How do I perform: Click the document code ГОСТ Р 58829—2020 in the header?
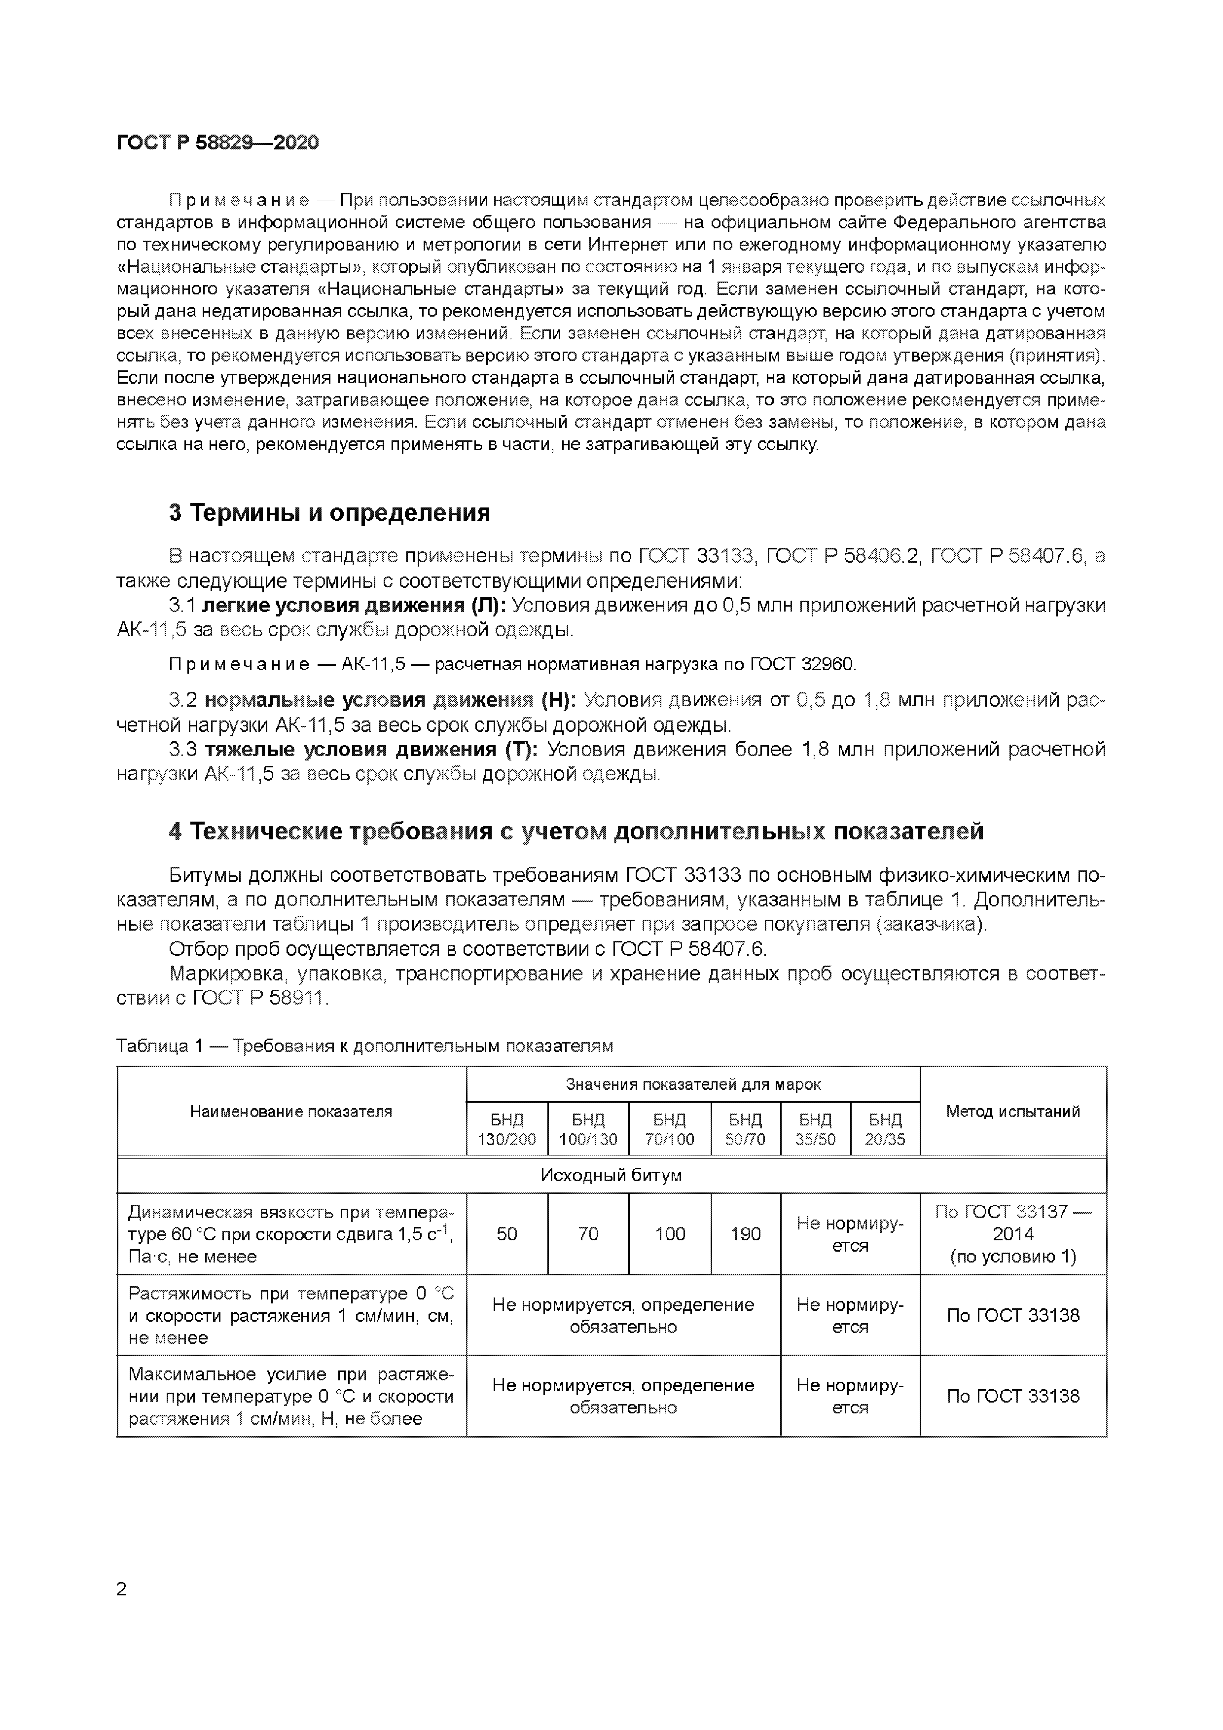coord(218,143)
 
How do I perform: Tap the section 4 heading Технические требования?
coord(576,830)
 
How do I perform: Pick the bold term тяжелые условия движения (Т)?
coord(371,749)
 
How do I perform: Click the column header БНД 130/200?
coord(506,1129)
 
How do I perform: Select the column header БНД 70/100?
coord(669,1129)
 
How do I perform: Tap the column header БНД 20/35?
coord(885,1129)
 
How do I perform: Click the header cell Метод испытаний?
coord(1013,1111)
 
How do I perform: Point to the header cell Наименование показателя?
coord(291,1111)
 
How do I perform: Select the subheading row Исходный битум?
coord(611,1175)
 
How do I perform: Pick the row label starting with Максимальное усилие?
coord(291,1396)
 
